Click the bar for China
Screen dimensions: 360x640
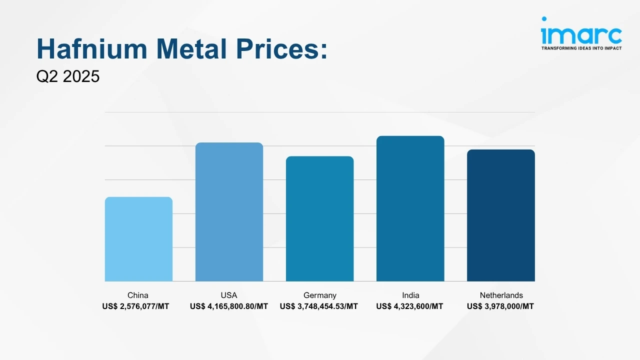(138, 239)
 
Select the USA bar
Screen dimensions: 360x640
(229, 212)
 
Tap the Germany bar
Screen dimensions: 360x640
(319, 218)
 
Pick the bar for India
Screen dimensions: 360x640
(410, 208)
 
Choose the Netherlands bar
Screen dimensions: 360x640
(500, 215)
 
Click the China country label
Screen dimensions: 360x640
(138, 295)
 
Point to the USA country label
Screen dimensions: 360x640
(229, 295)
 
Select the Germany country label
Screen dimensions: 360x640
(319, 295)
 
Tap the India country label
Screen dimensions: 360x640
(410, 295)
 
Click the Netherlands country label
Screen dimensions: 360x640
(501, 295)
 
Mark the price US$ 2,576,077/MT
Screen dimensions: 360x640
(136, 306)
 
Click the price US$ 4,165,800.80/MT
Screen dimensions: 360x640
(229, 306)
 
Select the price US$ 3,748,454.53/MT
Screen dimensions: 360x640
(319, 306)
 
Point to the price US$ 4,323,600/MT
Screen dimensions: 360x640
(409, 306)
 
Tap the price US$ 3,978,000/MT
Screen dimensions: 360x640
(500, 306)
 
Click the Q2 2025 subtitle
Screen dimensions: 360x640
(68, 76)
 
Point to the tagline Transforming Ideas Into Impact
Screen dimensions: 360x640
(581, 48)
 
